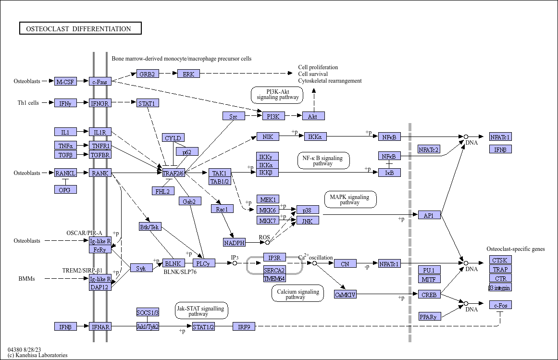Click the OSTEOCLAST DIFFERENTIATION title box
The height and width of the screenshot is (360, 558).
click(x=80, y=28)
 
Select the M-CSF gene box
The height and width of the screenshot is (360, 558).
click(x=65, y=81)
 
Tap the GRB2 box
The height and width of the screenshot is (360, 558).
click(x=147, y=74)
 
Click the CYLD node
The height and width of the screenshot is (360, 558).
click(x=173, y=137)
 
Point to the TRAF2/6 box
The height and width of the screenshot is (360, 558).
click(x=173, y=173)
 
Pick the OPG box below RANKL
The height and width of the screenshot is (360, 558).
click(x=65, y=189)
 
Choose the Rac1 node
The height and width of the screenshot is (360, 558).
click(x=222, y=209)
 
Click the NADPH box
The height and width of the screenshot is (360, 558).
click(x=234, y=242)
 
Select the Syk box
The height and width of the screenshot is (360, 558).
click(x=141, y=268)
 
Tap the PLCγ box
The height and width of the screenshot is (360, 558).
click(x=204, y=263)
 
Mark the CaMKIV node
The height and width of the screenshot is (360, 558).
click(x=345, y=294)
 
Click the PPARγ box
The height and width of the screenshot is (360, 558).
click(x=430, y=316)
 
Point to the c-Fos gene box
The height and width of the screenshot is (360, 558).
click(x=500, y=305)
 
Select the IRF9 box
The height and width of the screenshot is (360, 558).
click(x=244, y=326)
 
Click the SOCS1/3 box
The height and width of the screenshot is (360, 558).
click(x=148, y=312)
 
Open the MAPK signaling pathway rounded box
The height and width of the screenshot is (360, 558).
click(x=350, y=199)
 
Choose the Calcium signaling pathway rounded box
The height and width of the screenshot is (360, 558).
click(x=298, y=294)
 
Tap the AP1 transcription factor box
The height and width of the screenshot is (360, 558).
click(x=429, y=215)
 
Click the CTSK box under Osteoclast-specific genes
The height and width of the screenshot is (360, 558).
click(x=500, y=260)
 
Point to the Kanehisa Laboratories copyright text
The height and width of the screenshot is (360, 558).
click(x=37, y=355)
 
